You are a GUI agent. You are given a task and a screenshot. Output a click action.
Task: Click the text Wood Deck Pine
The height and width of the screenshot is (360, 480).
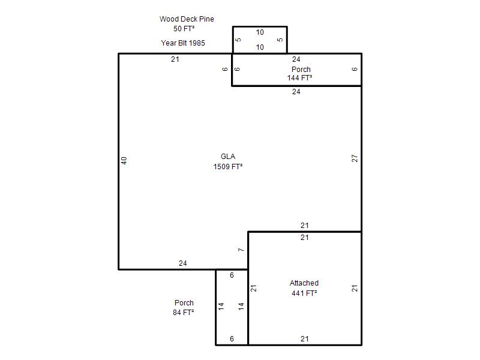(187, 19)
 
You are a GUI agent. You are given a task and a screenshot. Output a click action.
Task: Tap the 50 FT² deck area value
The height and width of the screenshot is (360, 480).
(184, 29)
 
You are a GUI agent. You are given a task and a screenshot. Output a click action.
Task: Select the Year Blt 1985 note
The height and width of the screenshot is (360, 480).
(183, 43)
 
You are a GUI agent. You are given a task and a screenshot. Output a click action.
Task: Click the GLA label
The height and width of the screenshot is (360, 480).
(228, 157)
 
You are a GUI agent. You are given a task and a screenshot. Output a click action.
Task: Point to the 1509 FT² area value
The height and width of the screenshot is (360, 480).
(228, 167)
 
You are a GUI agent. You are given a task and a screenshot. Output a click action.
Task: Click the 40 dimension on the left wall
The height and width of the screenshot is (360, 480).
(124, 160)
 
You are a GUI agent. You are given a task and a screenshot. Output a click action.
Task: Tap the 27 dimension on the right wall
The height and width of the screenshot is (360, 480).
(355, 158)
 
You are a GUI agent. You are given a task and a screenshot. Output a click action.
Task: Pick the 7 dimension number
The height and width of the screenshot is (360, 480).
(241, 250)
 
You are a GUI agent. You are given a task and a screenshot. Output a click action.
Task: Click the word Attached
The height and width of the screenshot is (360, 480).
(304, 283)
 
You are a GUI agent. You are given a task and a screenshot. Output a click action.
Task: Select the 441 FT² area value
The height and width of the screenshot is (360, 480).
(304, 293)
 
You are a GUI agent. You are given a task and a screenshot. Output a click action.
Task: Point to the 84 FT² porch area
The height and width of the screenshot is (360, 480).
(184, 313)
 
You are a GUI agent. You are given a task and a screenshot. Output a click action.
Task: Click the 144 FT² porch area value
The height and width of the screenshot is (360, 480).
(299, 78)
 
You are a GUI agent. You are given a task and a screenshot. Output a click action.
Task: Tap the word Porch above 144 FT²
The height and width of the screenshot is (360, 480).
(301, 70)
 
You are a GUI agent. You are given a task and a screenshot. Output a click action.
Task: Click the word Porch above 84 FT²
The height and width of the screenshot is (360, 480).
(184, 303)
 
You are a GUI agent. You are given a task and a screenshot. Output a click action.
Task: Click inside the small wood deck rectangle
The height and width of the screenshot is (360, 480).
(260, 40)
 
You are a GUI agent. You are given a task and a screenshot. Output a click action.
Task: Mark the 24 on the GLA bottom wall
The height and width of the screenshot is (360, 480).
(183, 263)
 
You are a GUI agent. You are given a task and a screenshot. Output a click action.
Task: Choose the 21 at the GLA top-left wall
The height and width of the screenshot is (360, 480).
(175, 59)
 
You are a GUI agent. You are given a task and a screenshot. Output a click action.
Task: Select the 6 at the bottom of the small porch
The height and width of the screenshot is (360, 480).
(232, 339)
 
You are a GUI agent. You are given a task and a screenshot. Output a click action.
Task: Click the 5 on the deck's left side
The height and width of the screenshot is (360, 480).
(238, 40)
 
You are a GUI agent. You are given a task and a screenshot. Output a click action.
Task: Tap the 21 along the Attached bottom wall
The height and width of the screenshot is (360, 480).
(305, 339)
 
